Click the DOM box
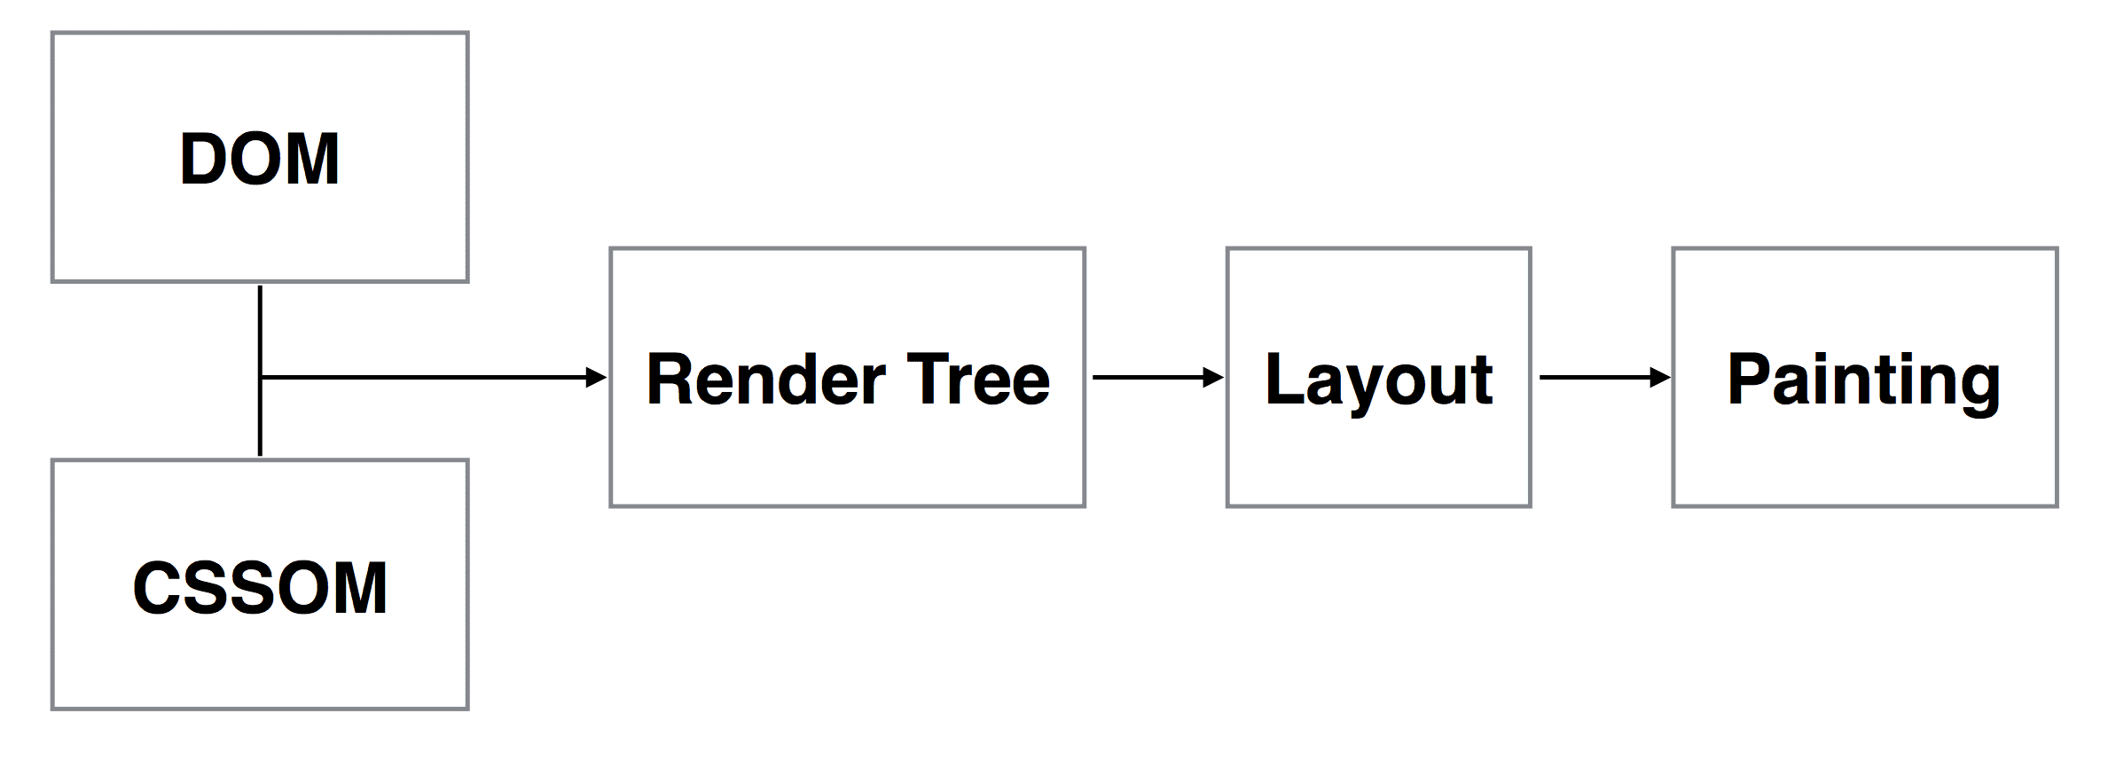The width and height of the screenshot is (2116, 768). [260, 157]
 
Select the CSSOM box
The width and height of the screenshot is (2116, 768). [260, 584]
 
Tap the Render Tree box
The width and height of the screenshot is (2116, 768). [847, 378]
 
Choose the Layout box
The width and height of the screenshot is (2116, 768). [1378, 378]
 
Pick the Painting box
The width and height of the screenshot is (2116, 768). [1865, 378]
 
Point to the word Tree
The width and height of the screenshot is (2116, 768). [978, 379]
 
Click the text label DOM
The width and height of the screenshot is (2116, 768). [260, 159]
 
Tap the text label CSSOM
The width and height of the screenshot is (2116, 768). [260, 587]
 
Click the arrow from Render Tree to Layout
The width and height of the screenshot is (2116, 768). [1158, 378]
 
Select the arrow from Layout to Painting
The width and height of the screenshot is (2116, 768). [1605, 378]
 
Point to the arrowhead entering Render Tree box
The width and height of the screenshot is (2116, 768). [597, 378]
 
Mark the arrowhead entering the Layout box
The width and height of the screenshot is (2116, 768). [1213, 378]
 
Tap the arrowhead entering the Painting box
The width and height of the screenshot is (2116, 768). [1659, 378]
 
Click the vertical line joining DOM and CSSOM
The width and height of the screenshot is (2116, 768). [260, 371]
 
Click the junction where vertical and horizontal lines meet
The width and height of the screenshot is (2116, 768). [260, 378]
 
